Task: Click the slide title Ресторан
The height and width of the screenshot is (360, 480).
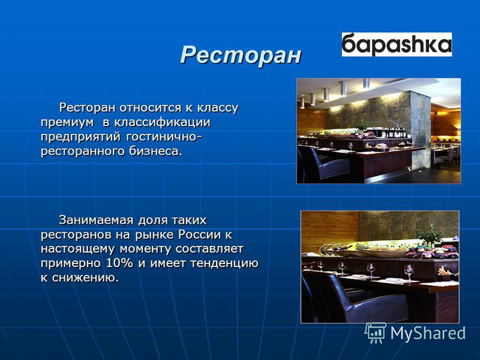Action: [241, 55]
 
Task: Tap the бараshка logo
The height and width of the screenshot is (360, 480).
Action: [397, 44]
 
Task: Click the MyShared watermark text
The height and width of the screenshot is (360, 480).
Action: [428, 333]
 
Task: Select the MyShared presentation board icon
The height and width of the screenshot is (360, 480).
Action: [376, 332]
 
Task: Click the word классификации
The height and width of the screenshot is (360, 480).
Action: [163, 122]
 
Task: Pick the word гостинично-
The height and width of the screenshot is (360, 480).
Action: [164, 137]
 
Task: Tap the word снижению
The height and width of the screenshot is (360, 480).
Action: [85, 278]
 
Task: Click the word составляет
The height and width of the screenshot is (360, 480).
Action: [209, 248]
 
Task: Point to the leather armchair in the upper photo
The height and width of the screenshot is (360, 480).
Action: [325, 164]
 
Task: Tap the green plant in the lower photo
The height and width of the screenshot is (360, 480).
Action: [431, 236]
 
